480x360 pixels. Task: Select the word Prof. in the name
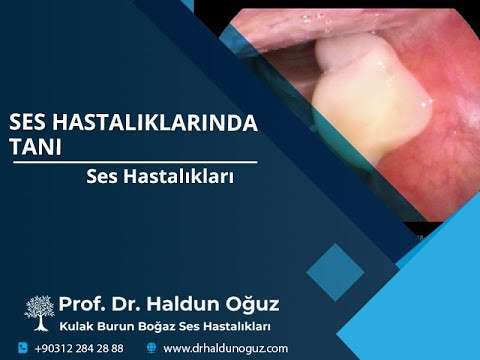pyautogui.click(x=82, y=304)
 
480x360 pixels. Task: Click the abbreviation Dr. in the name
pyautogui.click(x=128, y=304)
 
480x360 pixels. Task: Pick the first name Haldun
pyautogui.click(x=186, y=304)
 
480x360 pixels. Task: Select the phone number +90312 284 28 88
pyautogui.click(x=79, y=348)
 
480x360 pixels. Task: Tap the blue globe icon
pyautogui.click(x=151, y=348)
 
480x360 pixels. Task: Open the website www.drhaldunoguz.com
pyautogui.click(x=225, y=348)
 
